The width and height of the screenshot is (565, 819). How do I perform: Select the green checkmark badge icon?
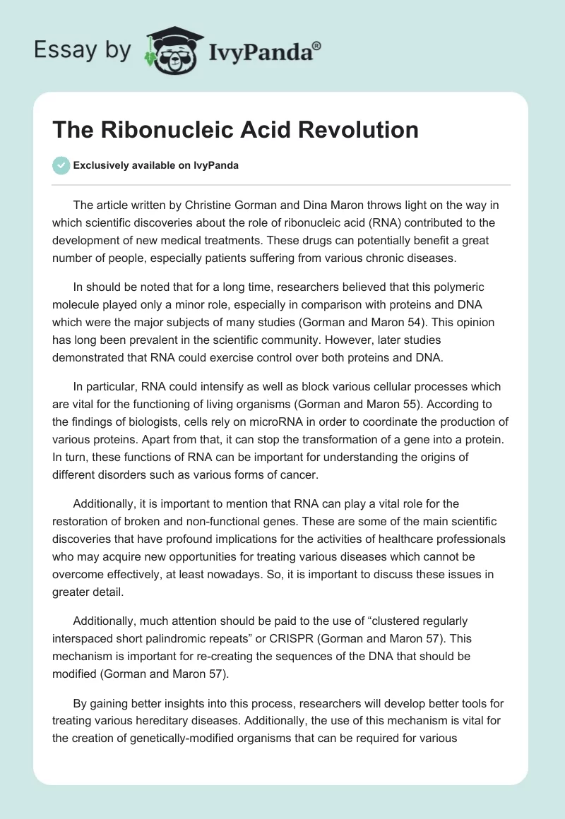61,165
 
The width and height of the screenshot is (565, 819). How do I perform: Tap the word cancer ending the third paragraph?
299,475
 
